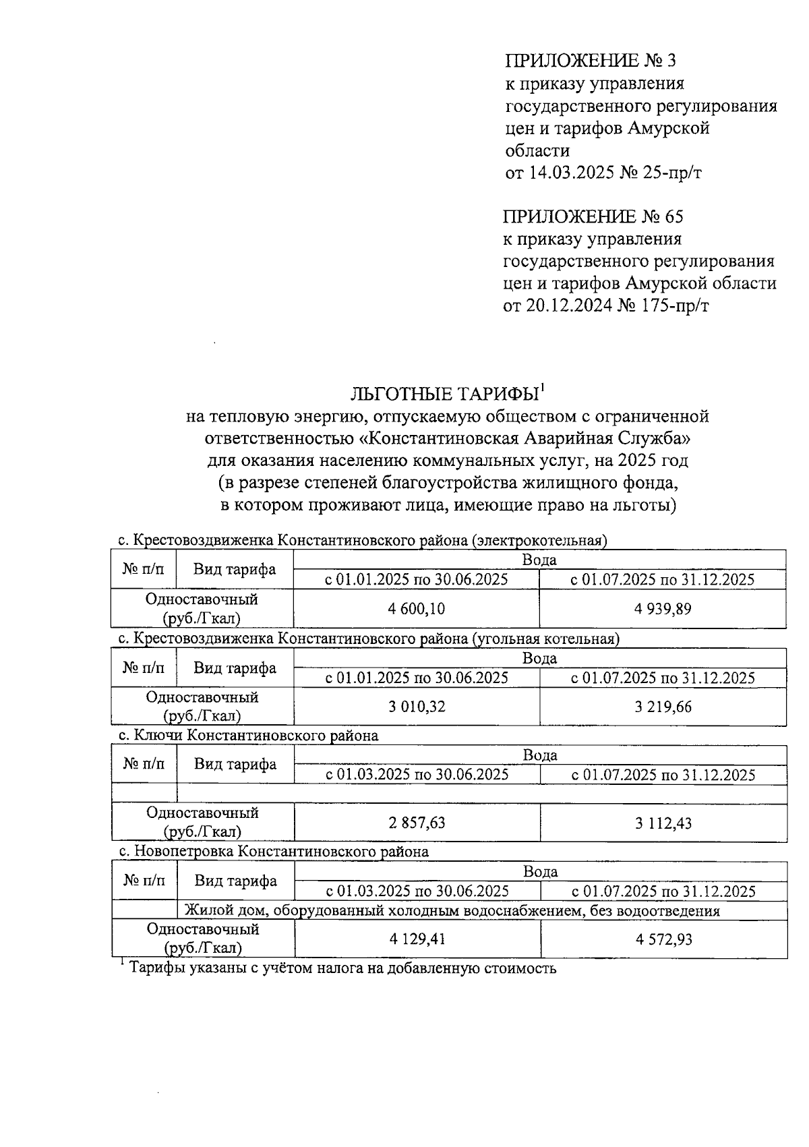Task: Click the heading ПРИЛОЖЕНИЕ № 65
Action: (x=593, y=217)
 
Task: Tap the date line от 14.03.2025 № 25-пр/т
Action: (x=603, y=173)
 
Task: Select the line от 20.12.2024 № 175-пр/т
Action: (x=605, y=306)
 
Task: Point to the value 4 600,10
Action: (x=416, y=609)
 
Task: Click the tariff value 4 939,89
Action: (x=662, y=609)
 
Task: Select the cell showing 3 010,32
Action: (x=416, y=707)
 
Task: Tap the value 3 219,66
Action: (x=662, y=707)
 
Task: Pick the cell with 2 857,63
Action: (x=416, y=823)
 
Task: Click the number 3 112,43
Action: (x=662, y=823)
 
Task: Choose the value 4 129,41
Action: (x=416, y=939)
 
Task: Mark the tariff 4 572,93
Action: (x=663, y=939)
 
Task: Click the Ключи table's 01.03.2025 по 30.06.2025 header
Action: (x=417, y=775)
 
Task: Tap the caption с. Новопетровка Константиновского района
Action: (x=273, y=852)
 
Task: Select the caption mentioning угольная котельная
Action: (x=368, y=638)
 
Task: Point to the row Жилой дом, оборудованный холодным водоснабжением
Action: (x=452, y=911)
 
